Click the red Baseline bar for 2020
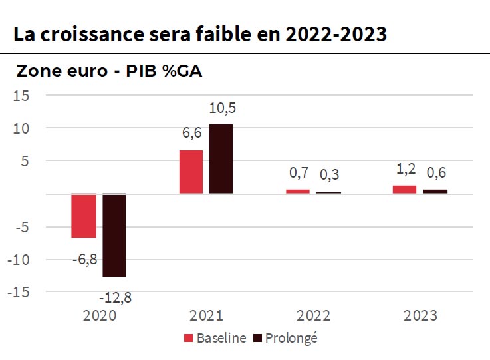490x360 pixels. [84, 216]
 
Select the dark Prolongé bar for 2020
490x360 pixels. [114, 235]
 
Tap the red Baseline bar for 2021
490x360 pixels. [191, 172]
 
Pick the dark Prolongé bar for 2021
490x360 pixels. [221, 159]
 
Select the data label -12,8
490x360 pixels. [116, 298]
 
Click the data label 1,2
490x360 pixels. [406, 170]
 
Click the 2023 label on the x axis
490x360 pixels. [420, 315]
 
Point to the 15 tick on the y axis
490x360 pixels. [22, 96]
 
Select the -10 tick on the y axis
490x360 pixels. [19, 260]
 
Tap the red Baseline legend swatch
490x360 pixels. [188, 338]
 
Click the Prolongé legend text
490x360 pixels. [292, 338]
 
